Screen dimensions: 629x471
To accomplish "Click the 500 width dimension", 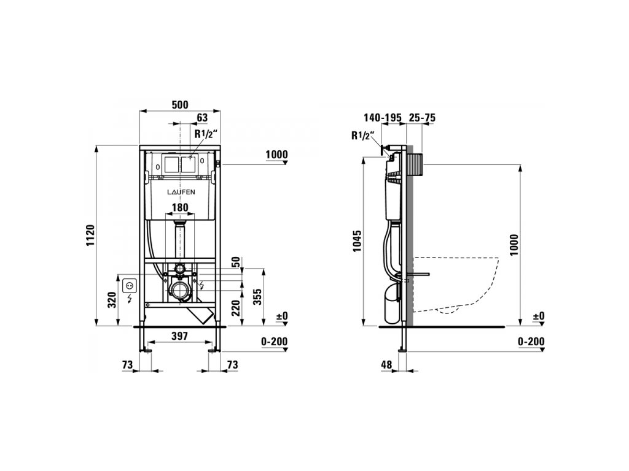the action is [179, 105].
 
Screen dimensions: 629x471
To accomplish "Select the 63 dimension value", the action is [201, 117].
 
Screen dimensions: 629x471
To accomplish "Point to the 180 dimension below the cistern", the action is [179, 208].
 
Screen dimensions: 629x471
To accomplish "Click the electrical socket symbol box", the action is [130, 285].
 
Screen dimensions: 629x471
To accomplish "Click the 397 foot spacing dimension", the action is [179, 336].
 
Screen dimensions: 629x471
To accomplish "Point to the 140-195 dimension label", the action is [381, 117].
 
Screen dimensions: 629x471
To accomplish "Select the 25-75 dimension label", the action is [423, 117].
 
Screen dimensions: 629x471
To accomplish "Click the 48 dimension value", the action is [386, 364].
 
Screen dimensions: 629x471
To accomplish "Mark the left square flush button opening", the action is [170, 164].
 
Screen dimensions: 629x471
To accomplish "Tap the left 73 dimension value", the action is [127, 364].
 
